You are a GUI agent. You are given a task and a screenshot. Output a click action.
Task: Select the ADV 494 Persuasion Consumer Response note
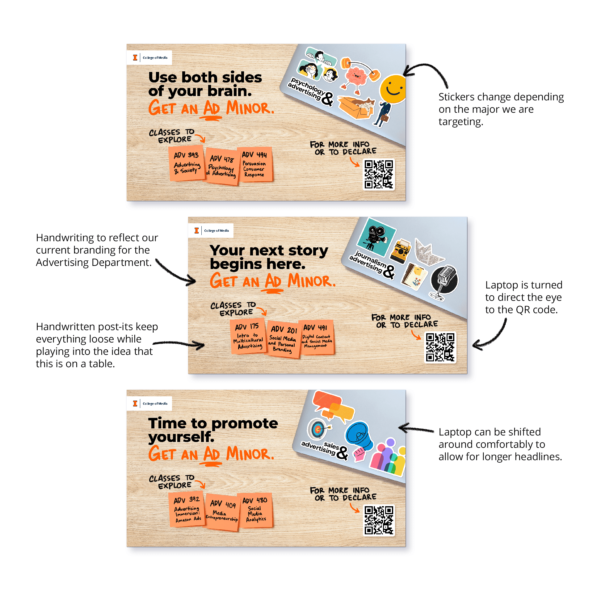(x=255, y=164)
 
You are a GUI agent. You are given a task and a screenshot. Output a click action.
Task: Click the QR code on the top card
(x=379, y=175)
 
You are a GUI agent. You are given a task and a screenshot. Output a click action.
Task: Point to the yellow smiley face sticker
(x=393, y=89)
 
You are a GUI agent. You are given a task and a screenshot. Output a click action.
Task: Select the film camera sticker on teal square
(x=376, y=237)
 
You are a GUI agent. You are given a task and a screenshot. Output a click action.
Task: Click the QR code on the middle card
(x=440, y=347)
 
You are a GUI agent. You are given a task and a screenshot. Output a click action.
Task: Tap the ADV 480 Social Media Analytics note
(x=255, y=510)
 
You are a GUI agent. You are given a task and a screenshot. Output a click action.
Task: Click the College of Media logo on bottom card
(x=149, y=403)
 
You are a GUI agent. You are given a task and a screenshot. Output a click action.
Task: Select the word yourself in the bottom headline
(x=181, y=437)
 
